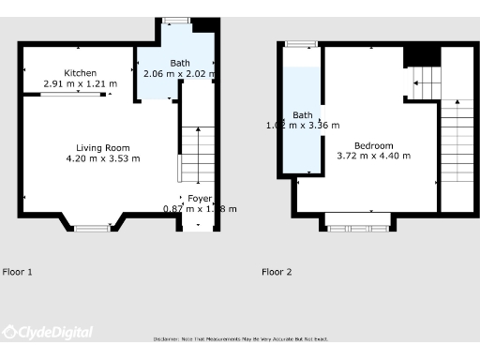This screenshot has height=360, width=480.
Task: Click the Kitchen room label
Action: click(81, 73)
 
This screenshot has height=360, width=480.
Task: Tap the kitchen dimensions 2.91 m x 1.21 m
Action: click(81, 83)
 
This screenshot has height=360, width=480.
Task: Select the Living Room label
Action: click(103, 148)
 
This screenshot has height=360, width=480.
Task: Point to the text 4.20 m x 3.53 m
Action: click(103, 158)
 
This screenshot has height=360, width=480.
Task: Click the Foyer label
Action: click(200, 199)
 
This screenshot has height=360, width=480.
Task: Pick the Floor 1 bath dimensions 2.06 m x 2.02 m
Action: click(179, 73)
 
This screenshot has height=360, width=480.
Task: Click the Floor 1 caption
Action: click(18, 272)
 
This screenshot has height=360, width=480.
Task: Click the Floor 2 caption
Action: click(277, 272)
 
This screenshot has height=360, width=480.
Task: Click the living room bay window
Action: click(92, 227)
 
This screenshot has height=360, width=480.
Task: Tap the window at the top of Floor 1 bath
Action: click(172, 20)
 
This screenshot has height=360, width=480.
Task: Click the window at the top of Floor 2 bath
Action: click(301, 43)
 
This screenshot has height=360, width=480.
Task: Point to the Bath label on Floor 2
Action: click(303, 115)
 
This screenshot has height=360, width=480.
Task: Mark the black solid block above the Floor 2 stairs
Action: click(422, 56)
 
